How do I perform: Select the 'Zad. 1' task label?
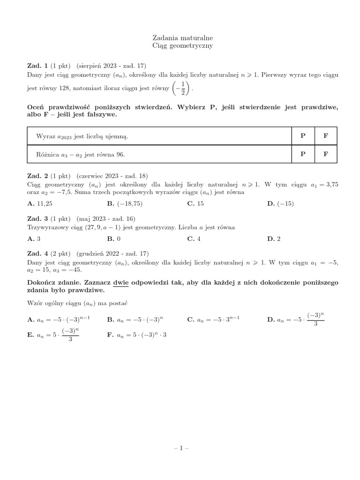tap(37, 66)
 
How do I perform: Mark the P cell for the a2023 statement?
tap(303, 136)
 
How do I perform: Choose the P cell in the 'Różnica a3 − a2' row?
tap(303, 154)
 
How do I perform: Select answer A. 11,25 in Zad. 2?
tap(41, 203)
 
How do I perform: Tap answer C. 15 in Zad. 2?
tap(195, 203)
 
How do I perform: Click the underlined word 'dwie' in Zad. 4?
tap(121, 284)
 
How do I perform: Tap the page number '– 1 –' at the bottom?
tap(180, 448)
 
